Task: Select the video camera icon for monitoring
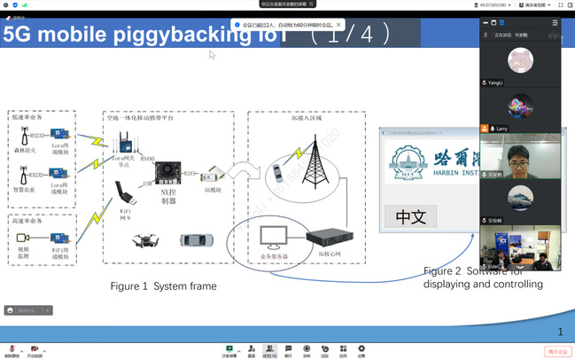tap(24, 238)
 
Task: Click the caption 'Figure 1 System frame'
tap(163, 286)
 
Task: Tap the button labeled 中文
tap(410, 216)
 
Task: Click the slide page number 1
tap(560, 332)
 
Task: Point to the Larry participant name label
tap(501, 129)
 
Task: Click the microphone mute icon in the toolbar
tap(12, 348)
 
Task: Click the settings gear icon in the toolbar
tap(361, 348)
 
